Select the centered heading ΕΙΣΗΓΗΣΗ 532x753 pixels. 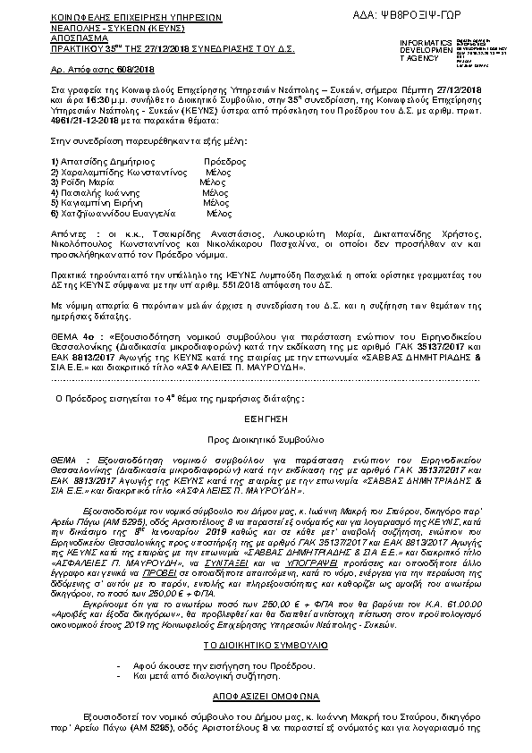[266, 417]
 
